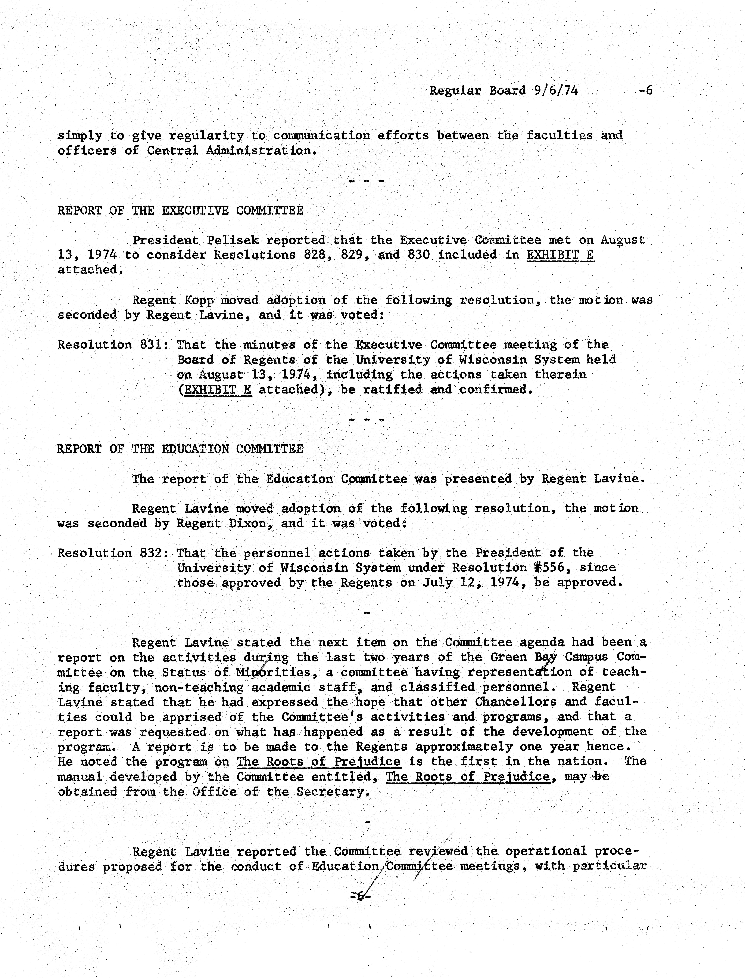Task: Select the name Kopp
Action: [x=199, y=300]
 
